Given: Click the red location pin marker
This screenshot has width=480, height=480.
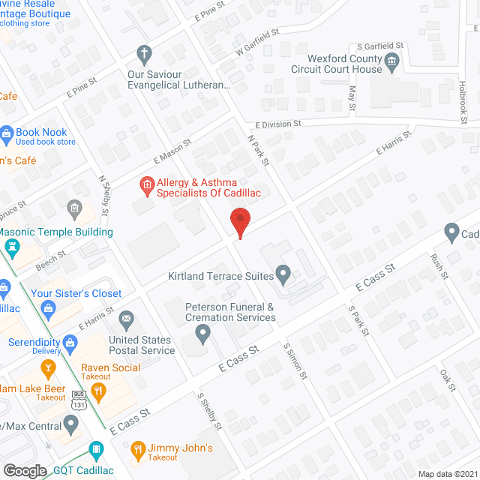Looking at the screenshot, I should point(239,223).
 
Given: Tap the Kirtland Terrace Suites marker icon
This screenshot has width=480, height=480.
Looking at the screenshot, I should point(283,274).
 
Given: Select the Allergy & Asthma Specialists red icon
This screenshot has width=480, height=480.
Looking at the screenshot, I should point(147,184).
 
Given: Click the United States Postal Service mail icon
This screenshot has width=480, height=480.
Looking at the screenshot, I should point(126,320).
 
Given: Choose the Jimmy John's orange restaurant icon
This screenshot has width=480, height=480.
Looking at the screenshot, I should point(138,450).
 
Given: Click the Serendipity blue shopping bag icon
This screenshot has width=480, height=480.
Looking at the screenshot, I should point(71,343).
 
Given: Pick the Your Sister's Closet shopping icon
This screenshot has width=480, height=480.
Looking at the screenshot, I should point(48,307).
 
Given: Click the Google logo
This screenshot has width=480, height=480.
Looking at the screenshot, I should point(25,470).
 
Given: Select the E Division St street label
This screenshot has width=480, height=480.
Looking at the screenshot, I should point(277,124).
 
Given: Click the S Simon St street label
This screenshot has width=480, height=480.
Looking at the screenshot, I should point(295,359).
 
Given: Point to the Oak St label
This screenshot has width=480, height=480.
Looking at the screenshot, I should point(448,381).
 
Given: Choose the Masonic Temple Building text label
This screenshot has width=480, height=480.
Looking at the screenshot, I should point(57,232).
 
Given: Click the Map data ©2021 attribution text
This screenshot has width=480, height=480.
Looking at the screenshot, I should point(447,474).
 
